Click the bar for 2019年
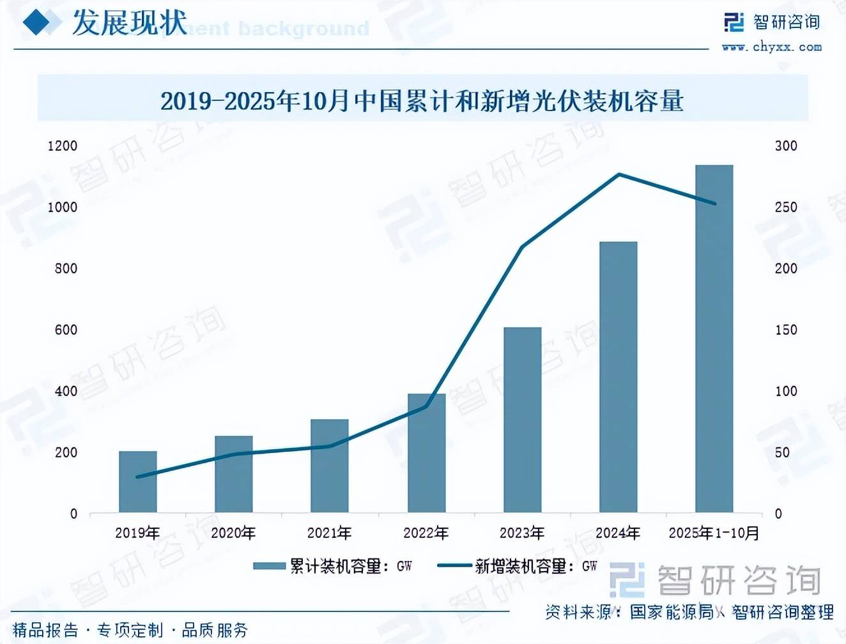(138, 482)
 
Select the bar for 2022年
(426, 453)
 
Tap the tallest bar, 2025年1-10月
(714, 339)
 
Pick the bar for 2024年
(618, 377)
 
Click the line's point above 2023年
(523, 247)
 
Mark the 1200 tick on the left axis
(63, 146)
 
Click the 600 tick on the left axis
(66, 330)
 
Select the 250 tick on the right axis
(786, 207)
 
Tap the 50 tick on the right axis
(783, 452)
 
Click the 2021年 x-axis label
(330, 533)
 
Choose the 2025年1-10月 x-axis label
(714, 533)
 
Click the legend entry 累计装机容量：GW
(333, 566)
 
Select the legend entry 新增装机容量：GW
(518, 566)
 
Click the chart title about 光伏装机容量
(422, 101)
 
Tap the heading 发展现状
(129, 23)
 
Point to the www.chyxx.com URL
(771, 47)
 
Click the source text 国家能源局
(671, 612)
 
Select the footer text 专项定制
(130, 631)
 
